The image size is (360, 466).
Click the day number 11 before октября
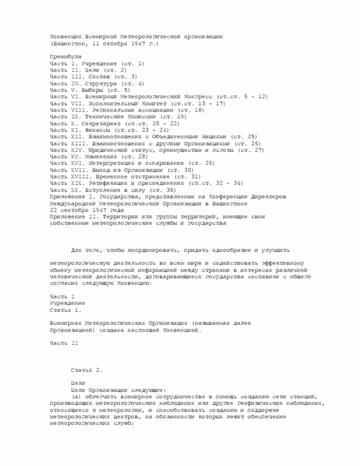click(97, 43)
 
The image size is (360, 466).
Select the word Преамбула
click(65, 57)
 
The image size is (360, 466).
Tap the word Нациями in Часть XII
click(225, 136)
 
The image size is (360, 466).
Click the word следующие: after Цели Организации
click(146, 389)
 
